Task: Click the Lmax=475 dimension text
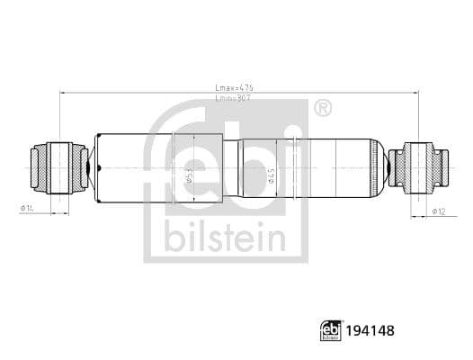235,87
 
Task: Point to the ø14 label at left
26,210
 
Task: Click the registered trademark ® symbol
320,108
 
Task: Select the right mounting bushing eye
424,168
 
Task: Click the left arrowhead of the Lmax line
61,92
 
